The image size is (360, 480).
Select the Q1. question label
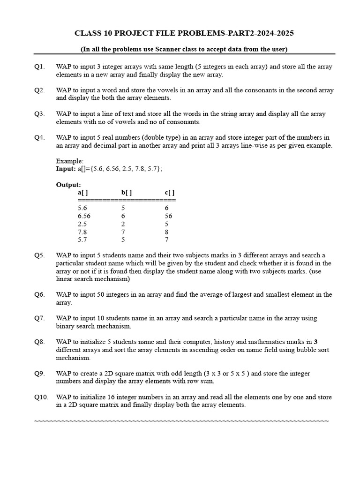point(39,67)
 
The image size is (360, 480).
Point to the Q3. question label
point(39,114)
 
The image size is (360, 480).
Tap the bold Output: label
point(68,185)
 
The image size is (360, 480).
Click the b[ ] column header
point(126,193)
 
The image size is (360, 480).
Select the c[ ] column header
point(169,193)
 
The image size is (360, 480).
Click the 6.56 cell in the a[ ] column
point(84,216)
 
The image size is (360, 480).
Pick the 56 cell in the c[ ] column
point(168,216)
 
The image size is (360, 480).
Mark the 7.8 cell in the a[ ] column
point(82,232)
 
